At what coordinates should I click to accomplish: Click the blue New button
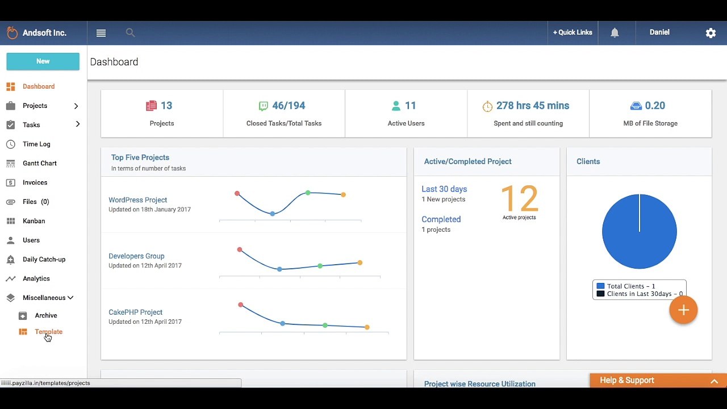(x=43, y=61)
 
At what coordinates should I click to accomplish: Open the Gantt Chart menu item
(x=40, y=163)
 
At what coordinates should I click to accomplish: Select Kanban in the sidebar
(x=34, y=221)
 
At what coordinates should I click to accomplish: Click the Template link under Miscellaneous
(x=49, y=332)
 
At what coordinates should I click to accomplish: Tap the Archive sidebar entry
(x=46, y=315)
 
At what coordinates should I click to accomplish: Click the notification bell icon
(x=615, y=33)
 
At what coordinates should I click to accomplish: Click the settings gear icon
(x=711, y=33)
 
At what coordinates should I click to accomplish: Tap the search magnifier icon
(x=130, y=32)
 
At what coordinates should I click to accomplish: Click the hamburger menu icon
(x=101, y=33)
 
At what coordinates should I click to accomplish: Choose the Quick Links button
(x=573, y=32)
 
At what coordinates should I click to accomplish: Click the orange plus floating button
(x=683, y=310)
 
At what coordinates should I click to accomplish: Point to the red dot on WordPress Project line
(x=237, y=194)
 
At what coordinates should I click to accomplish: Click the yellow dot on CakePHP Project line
(x=367, y=327)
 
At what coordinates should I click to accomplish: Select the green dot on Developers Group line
(x=320, y=266)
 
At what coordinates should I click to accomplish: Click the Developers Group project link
(x=136, y=256)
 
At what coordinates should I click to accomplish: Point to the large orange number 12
(x=520, y=198)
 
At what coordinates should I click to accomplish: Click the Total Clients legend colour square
(x=600, y=286)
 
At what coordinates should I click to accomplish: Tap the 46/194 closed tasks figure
(x=289, y=106)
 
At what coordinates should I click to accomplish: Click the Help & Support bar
(x=658, y=381)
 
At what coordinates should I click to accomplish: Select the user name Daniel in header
(x=659, y=32)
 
